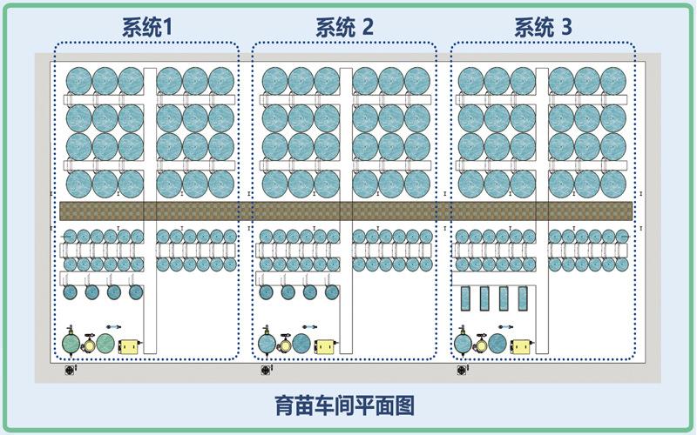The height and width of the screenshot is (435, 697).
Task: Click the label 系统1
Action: tap(146, 28)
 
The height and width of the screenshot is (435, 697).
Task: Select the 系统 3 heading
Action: tap(543, 28)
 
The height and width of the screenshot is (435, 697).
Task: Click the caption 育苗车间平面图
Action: tap(344, 405)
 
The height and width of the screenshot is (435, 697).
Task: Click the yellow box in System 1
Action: tap(129, 345)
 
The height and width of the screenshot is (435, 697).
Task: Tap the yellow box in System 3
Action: tap(522, 345)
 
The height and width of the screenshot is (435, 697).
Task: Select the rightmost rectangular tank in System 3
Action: tap(523, 299)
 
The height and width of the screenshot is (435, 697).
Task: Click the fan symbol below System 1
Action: tap(71, 369)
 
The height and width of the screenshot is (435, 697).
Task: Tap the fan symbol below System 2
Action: tap(266, 369)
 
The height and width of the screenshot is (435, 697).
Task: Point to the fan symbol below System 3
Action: tap(462, 369)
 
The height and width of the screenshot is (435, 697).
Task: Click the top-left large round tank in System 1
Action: tap(78, 80)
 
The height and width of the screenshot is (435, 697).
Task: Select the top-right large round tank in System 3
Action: tap(613, 80)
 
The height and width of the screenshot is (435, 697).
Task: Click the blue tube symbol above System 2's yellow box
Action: tap(308, 327)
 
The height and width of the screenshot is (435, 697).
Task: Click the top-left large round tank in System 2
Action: tap(275, 80)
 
